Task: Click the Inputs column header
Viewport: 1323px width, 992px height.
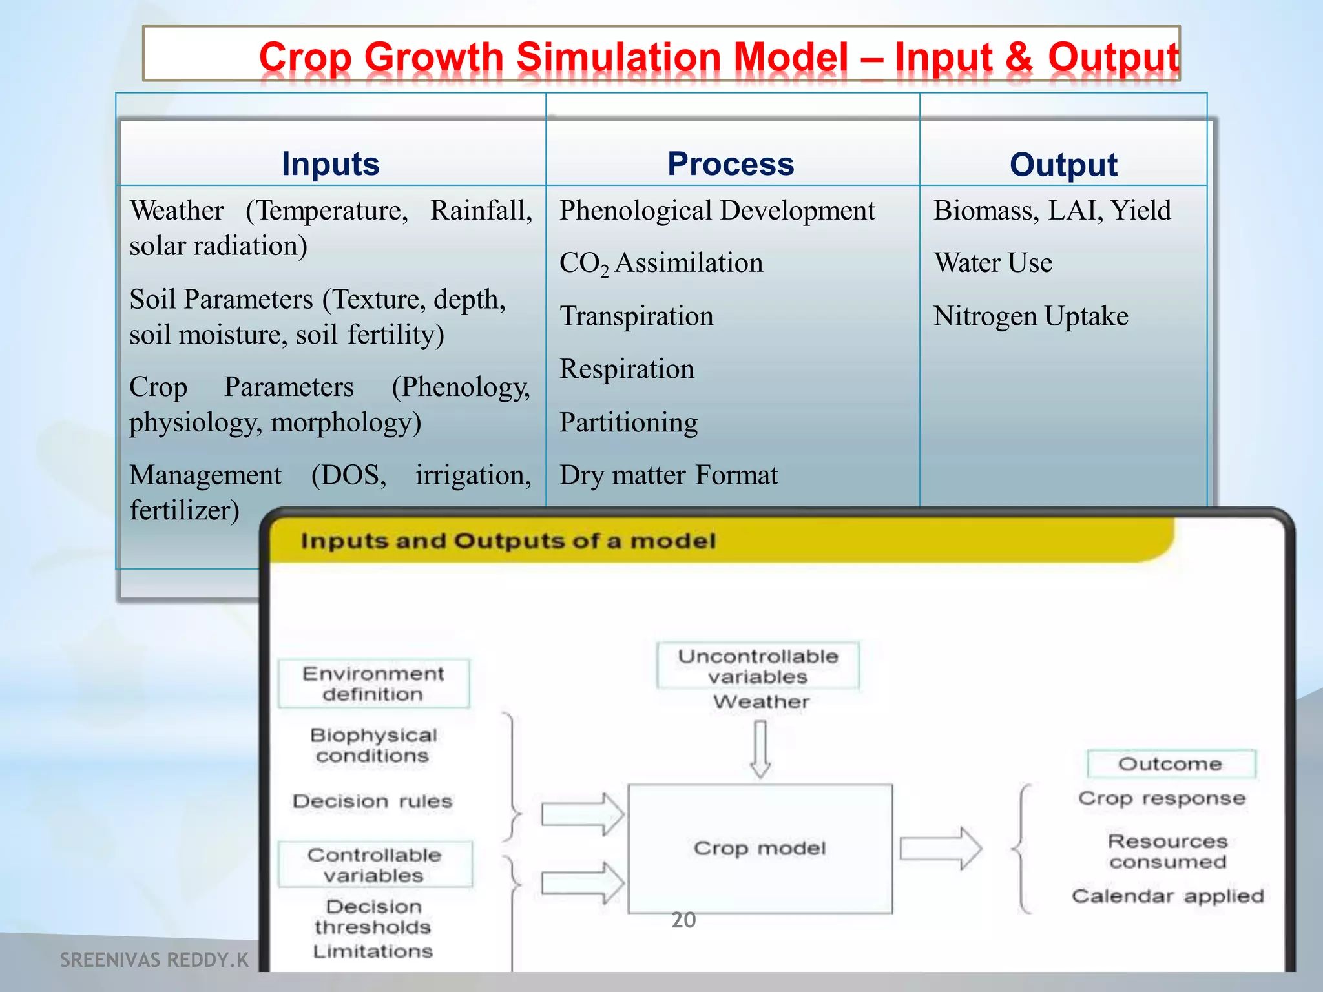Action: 330,163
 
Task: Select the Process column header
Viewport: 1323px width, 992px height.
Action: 731,163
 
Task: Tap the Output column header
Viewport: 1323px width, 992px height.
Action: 1063,164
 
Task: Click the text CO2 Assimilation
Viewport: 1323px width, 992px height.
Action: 661,263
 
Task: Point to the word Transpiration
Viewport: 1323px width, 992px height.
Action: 636,316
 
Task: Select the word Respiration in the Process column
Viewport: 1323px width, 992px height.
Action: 627,369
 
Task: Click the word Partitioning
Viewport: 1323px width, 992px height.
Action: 629,422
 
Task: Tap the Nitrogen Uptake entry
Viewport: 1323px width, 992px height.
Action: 1031,316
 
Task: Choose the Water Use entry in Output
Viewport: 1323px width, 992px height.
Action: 993,263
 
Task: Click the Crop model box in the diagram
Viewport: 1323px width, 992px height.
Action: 760,848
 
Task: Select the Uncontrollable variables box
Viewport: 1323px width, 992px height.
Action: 758,666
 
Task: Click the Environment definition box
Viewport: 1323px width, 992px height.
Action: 373,683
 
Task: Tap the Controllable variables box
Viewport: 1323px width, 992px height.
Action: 375,865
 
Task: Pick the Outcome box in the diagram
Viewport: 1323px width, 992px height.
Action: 1171,764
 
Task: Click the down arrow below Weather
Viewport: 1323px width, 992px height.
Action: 760,749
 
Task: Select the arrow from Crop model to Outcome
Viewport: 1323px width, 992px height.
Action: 940,848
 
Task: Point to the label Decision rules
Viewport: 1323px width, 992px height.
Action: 372,801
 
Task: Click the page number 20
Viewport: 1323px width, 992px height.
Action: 683,920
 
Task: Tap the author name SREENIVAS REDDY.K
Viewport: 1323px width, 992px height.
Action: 154,960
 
